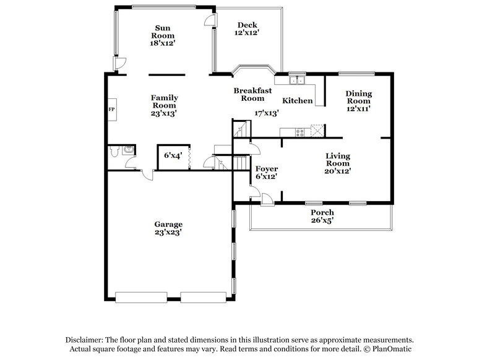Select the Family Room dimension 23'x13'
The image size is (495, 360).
pos(165,114)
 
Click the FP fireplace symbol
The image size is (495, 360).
pos(112,109)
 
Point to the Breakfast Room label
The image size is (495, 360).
pos(252,94)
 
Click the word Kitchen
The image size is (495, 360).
pos(298,101)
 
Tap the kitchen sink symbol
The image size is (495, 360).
pos(298,79)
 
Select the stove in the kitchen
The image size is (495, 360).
pos(299,131)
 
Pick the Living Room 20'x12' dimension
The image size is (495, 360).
pos(337,171)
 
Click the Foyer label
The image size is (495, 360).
pos(267,169)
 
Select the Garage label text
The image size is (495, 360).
pos(168,224)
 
